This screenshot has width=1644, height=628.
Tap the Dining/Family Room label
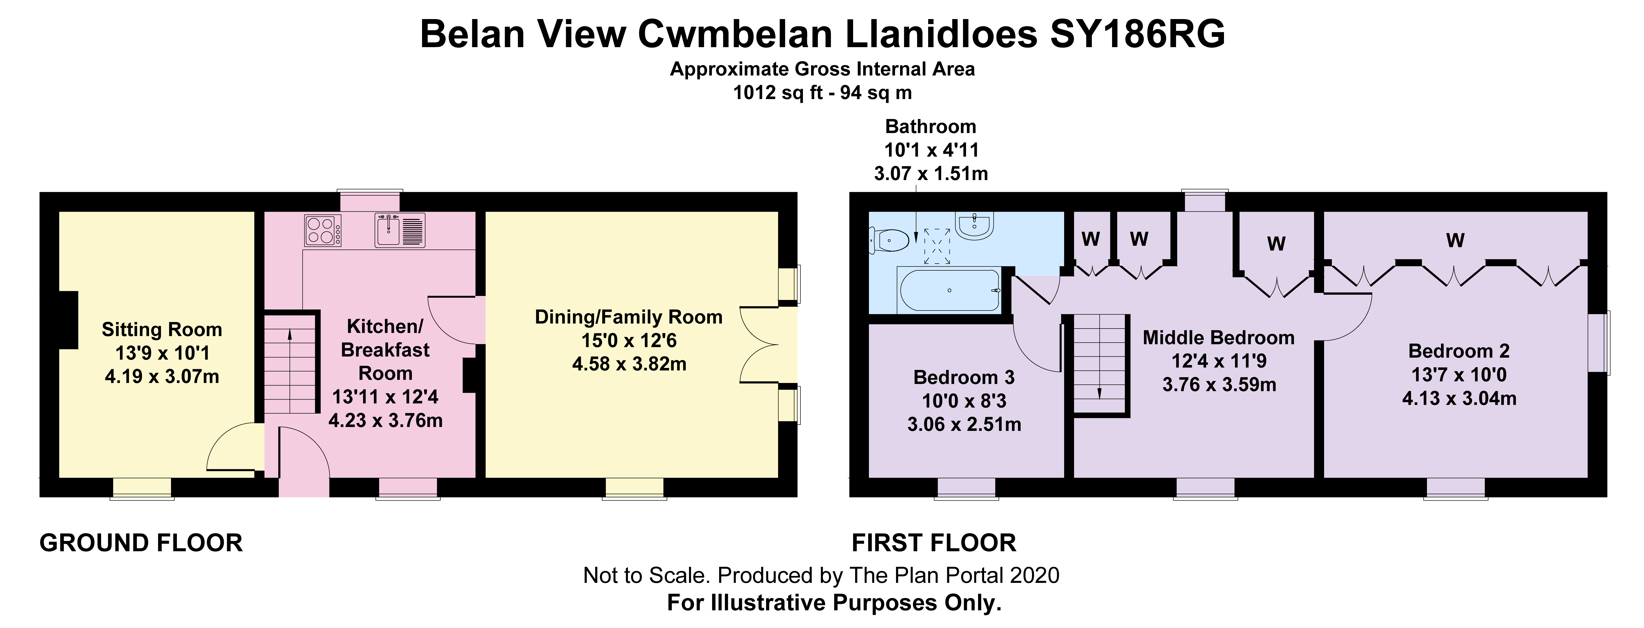click(629, 317)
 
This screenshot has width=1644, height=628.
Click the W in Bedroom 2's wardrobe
click(1455, 241)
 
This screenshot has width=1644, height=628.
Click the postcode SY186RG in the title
click(1137, 34)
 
